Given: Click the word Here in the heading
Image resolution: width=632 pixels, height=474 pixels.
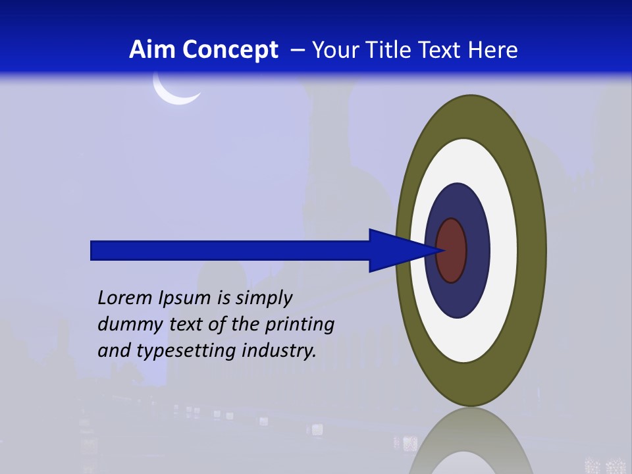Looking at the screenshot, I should click(x=493, y=50).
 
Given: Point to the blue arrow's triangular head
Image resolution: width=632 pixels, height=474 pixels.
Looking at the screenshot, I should click(x=395, y=250).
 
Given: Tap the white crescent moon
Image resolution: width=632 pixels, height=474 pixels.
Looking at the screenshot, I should click(x=172, y=96).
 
